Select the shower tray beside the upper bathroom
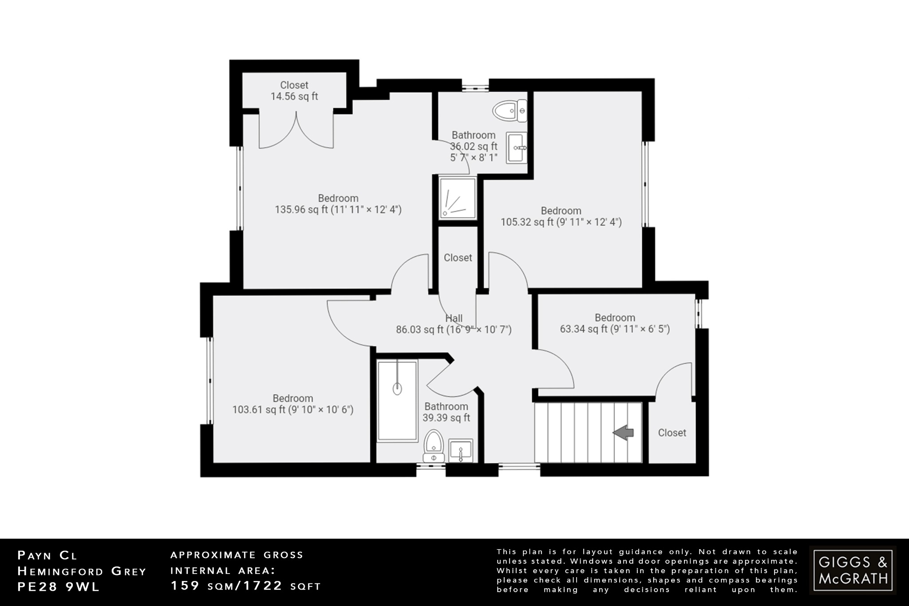pos(458,198)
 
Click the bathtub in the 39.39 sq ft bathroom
pos(397,400)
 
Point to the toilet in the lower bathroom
pos(433,446)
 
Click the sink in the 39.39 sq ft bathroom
pos(461,451)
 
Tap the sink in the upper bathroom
pos(517,147)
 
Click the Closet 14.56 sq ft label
pos(294,91)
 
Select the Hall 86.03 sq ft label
pos(454,324)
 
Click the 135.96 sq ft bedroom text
pos(338,204)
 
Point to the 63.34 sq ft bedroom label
pos(615,323)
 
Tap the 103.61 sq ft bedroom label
pos(293,404)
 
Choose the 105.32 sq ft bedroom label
pos(561,216)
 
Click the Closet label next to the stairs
pos(672,432)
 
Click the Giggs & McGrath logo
pos(853,570)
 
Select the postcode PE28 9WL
pos(59,586)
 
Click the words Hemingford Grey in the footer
pos(82,571)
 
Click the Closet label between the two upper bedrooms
pos(458,257)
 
